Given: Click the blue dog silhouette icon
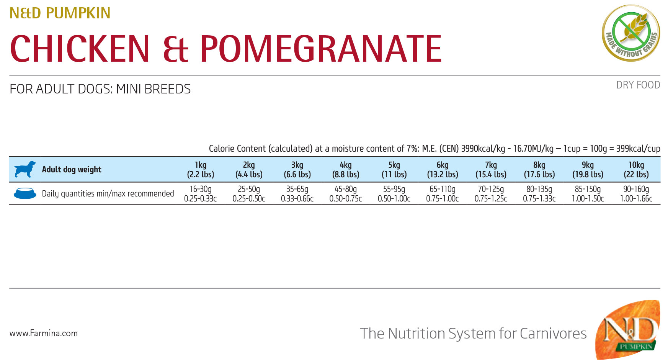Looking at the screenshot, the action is (25, 169).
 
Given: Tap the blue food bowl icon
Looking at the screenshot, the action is (25, 193).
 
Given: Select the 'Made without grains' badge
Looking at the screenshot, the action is (631, 33).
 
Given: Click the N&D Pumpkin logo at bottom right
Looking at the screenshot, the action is (628, 330).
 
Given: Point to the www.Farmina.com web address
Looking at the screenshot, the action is (44, 333).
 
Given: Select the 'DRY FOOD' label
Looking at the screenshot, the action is (638, 85).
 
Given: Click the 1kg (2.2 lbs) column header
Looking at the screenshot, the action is (201, 169).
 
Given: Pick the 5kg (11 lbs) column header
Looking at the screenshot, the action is (394, 169).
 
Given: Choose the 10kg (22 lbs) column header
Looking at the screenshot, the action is (636, 169).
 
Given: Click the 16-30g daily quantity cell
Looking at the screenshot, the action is (201, 193).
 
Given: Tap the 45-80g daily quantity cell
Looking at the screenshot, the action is (346, 193).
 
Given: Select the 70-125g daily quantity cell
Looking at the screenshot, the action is (491, 193).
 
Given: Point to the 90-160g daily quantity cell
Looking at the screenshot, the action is (636, 193).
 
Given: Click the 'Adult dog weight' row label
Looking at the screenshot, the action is (72, 170).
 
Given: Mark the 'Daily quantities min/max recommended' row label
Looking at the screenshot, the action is (108, 194).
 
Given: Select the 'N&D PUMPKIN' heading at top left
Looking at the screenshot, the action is (60, 13).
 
